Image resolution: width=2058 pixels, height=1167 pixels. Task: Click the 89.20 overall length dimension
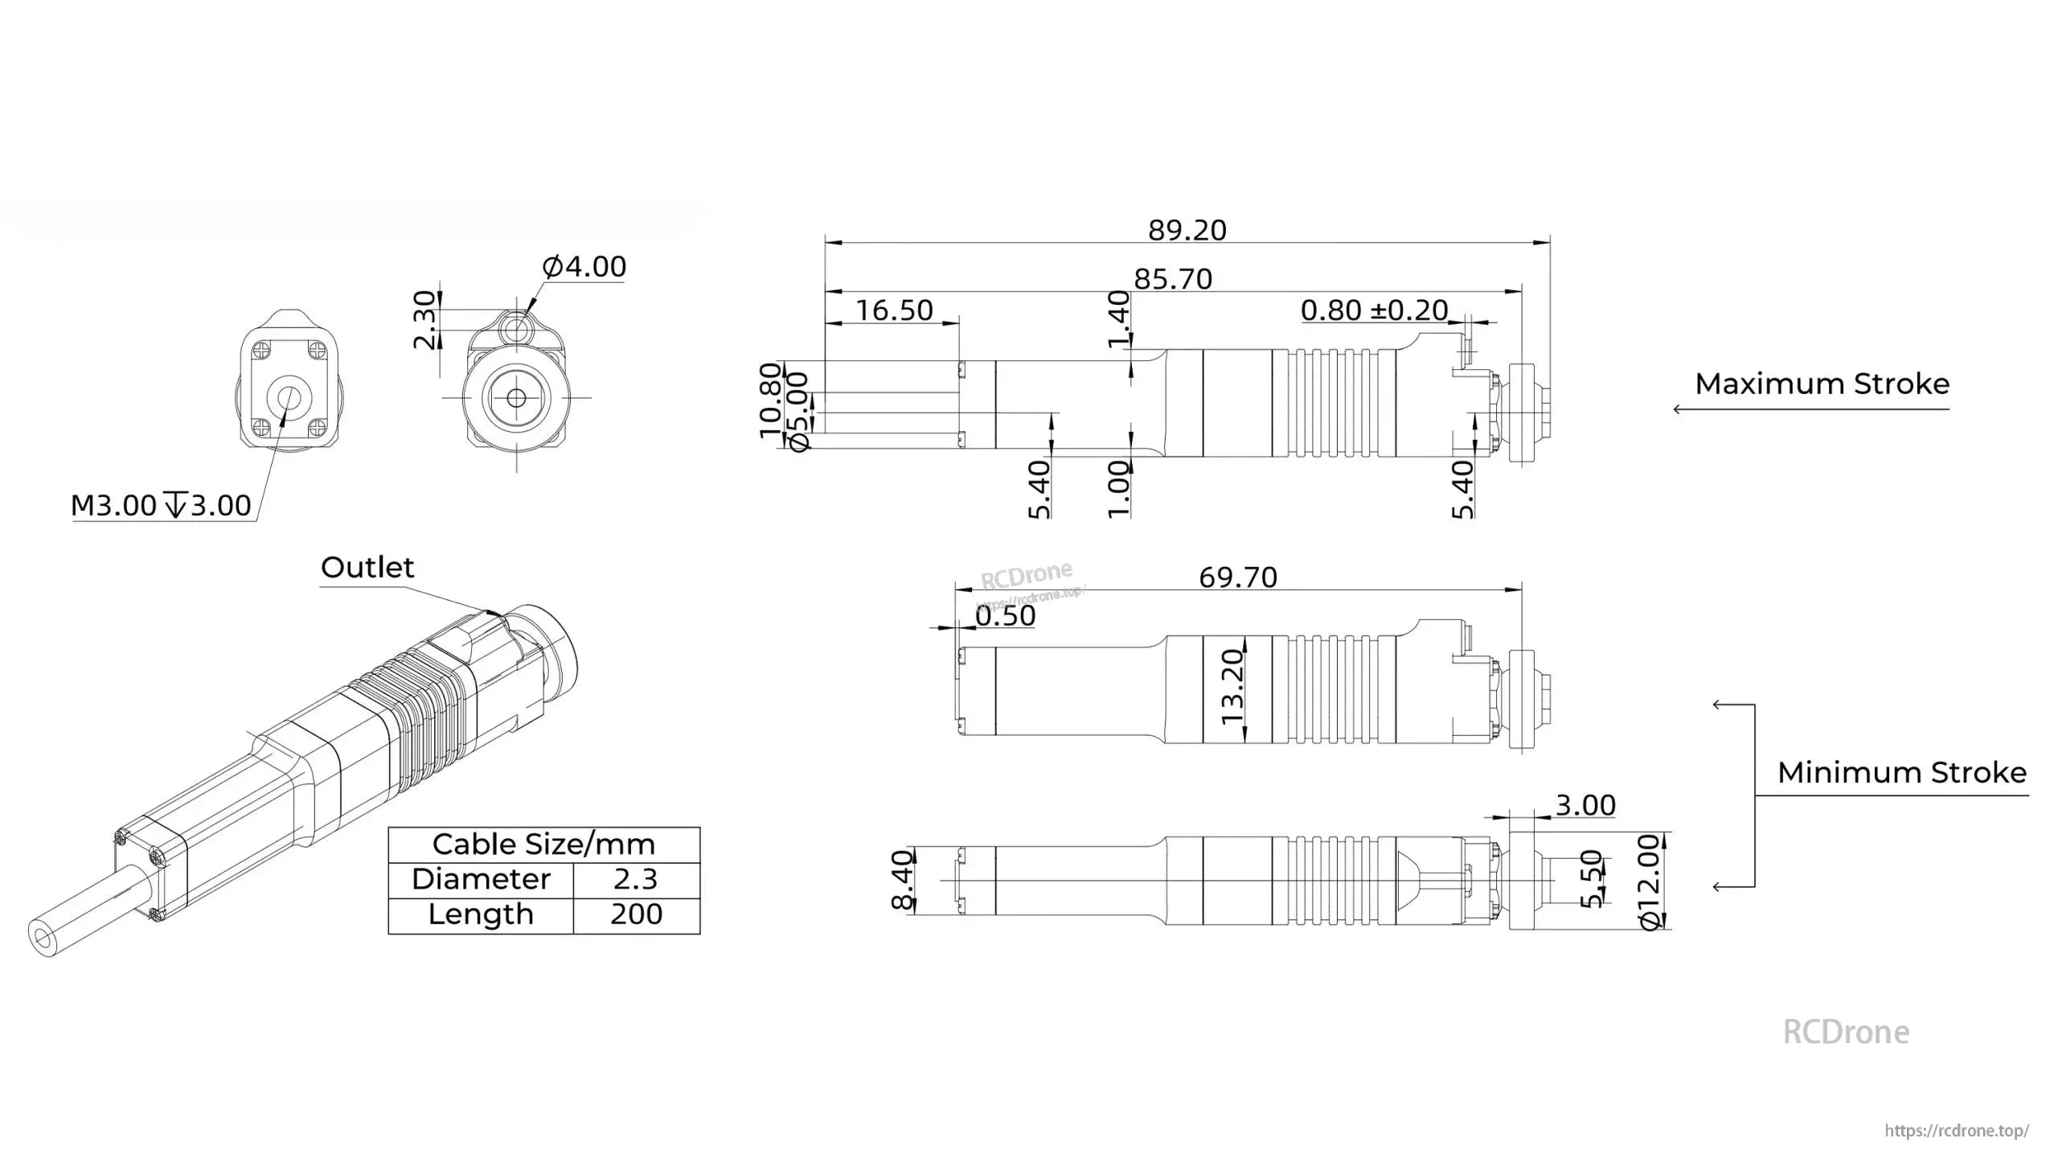(1187, 230)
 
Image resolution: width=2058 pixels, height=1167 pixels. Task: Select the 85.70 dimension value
(1173, 279)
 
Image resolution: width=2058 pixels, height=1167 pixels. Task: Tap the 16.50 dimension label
(894, 310)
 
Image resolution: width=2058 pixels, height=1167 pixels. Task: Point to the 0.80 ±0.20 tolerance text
(1374, 310)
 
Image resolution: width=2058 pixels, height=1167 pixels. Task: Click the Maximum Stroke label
(1822, 384)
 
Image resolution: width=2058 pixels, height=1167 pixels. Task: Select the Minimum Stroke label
(1901, 772)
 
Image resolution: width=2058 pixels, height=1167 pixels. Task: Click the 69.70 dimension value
(1237, 577)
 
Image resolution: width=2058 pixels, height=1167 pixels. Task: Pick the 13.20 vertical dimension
(1232, 687)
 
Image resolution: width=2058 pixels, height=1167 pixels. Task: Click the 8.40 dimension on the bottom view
(904, 880)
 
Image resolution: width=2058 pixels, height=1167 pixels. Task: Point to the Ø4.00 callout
(584, 266)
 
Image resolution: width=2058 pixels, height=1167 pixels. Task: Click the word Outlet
(367, 567)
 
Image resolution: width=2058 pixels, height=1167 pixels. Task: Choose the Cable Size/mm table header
(543, 844)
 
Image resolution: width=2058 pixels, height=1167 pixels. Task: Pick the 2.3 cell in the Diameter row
(635, 879)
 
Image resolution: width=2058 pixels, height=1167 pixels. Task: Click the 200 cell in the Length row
(635, 914)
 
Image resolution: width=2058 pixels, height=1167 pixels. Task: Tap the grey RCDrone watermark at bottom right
(1845, 1032)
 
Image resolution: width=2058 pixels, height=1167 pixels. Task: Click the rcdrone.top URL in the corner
(1957, 1130)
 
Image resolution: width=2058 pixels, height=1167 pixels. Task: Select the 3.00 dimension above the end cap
(1584, 805)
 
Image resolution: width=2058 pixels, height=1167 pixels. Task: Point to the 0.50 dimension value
(1005, 615)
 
